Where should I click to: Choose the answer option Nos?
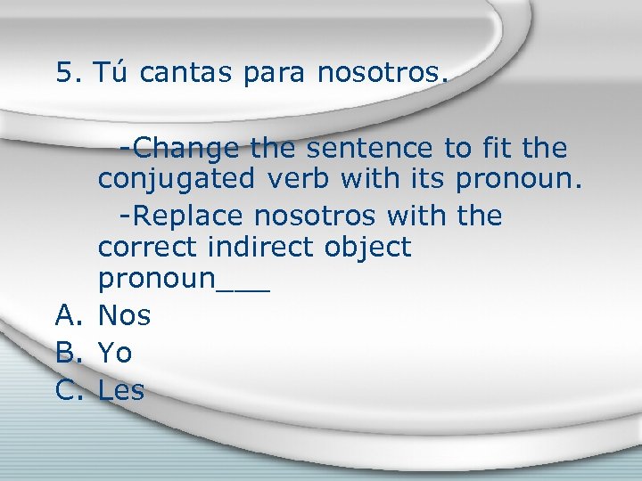[124, 315]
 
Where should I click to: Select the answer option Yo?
[115, 353]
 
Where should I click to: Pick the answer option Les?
[121, 390]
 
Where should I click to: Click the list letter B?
[67, 353]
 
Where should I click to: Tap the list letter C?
[67, 390]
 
